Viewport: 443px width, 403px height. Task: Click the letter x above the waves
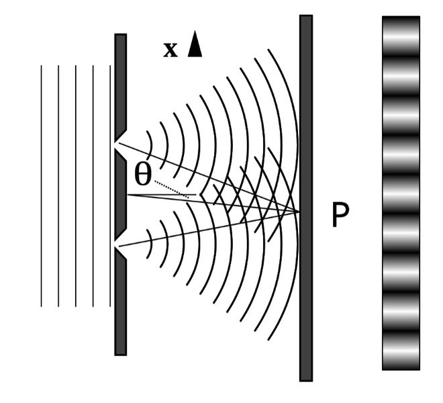(170, 50)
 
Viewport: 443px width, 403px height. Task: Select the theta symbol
(143, 175)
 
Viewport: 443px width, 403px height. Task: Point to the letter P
(340, 214)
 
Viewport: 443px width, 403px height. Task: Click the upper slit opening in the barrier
(116, 145)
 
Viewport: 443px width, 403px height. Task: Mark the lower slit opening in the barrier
(116, 244)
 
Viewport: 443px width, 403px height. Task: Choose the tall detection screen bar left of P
(306, 198)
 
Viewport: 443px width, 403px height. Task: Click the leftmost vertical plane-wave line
(41, 186)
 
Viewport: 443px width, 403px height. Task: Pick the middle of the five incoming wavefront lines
(76, 186)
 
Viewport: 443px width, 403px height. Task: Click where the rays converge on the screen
(299, 212)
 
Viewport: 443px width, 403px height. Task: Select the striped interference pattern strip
(401, 193)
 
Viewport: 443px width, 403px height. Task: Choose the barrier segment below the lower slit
(120, 303)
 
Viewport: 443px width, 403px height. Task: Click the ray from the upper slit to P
(209, 177)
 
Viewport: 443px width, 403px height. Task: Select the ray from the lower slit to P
(209, 229)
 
